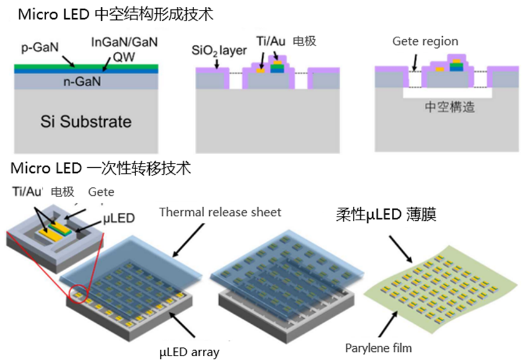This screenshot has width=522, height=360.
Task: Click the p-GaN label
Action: (40, 47)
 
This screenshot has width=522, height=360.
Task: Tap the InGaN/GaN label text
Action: (124, 42)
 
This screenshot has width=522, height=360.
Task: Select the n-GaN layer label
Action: (82, 81)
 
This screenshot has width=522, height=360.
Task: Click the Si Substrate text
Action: (86, 122)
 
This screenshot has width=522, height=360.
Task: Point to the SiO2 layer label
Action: (219, 51)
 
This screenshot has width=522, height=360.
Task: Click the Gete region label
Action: (425, 41)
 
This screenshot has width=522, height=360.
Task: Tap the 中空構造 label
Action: (450, 107)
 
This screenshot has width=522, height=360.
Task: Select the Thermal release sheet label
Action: (220, 212)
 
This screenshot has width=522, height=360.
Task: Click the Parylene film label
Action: (378, 348)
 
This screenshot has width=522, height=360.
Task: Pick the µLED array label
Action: (189, 352)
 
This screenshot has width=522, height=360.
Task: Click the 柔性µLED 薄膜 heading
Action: (386, 215)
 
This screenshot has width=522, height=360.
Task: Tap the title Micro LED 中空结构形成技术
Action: (116, 14)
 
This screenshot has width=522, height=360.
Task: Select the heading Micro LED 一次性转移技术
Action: (101, 168)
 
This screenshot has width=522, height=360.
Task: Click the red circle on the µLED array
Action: (78, 293)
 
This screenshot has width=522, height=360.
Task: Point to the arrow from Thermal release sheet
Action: (189, 240)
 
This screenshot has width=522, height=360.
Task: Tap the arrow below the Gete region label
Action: (414, 62)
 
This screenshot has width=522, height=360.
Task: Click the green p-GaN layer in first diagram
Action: (86, 67)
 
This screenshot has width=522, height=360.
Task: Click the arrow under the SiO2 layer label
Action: (217, 64)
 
